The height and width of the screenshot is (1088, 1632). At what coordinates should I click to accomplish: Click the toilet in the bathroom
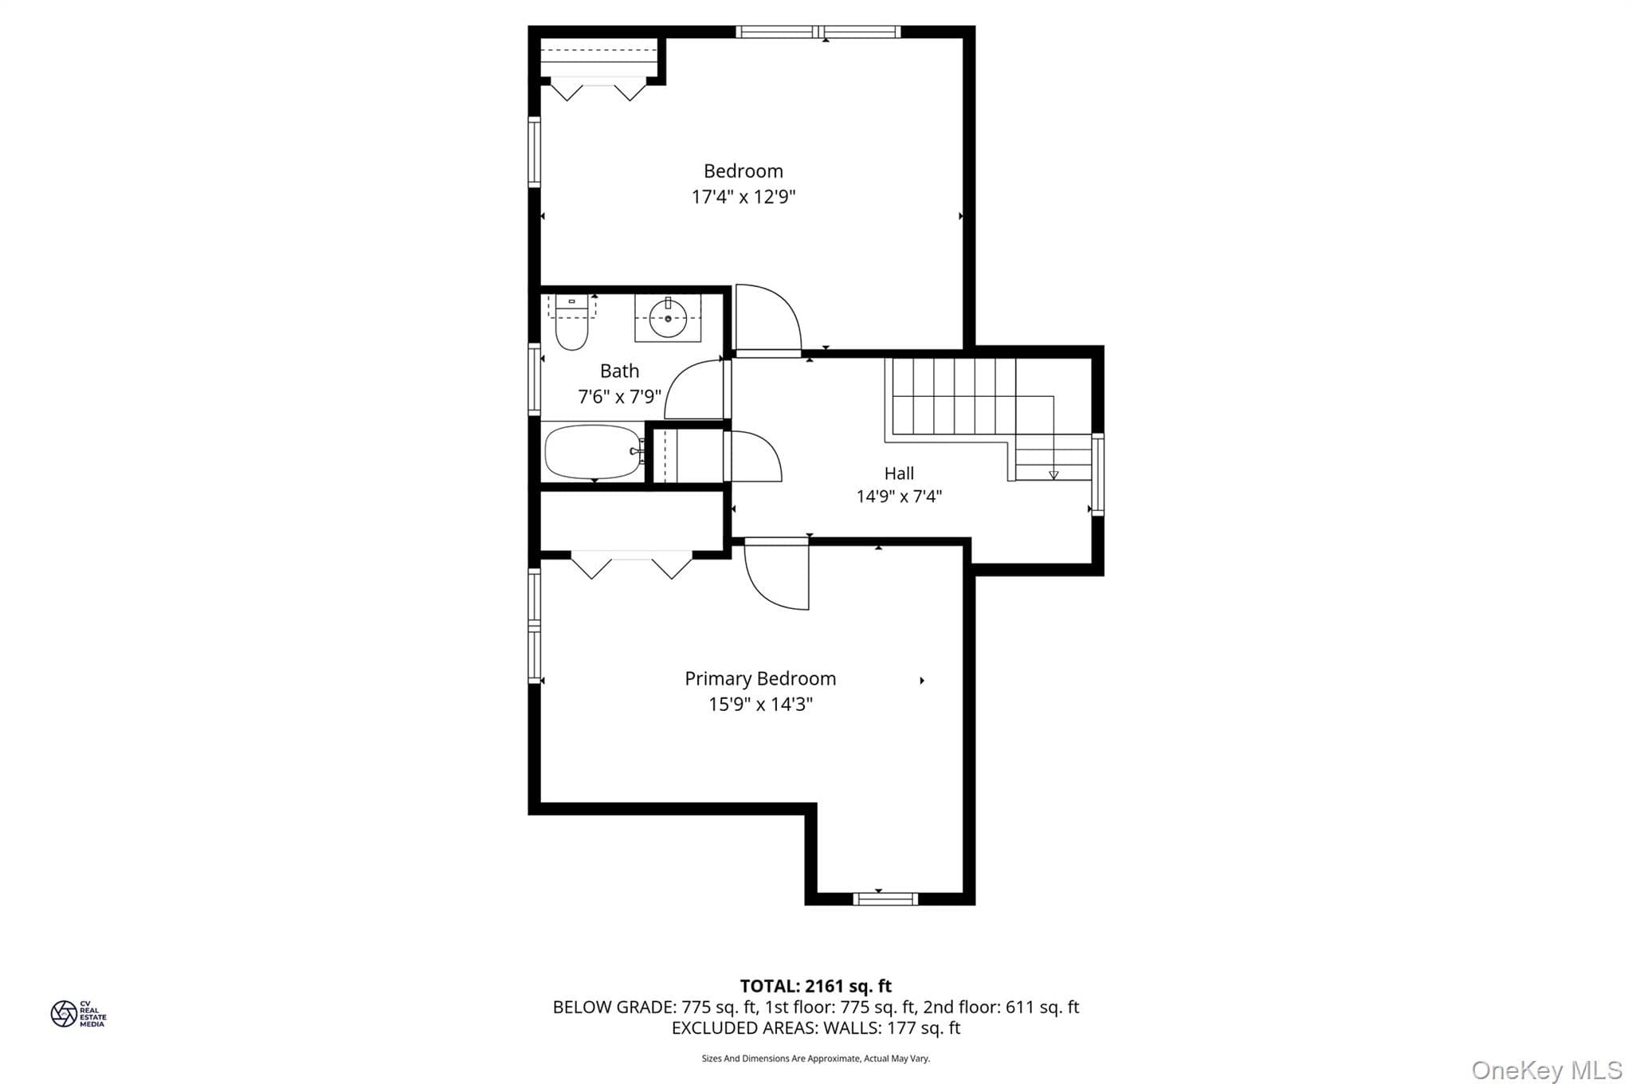pos(571,322)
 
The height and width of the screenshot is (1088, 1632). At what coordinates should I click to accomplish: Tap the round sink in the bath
pos(668,319)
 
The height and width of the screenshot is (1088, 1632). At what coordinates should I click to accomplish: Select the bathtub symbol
pos(594,452)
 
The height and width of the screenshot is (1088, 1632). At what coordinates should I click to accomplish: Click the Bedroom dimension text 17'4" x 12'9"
pos(743,197)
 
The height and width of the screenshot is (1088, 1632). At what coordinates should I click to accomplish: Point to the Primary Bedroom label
pos(760,678)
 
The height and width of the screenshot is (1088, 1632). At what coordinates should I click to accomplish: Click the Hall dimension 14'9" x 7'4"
pos(899,497)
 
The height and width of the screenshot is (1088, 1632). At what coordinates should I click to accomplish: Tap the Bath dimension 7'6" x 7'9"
pos(619,396)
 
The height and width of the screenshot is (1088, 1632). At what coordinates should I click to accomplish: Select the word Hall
pos(899,473)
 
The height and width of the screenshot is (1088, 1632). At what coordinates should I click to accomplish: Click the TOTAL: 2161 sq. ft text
pos(816,986)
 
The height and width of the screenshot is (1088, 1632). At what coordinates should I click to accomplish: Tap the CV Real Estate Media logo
pos(78,1014)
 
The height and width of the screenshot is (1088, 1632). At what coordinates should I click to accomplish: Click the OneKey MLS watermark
pos(1547,1070)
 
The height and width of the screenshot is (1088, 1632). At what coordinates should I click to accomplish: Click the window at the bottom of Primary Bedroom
pos(885,899)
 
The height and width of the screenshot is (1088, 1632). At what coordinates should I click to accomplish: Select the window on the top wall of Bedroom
pos(818,32)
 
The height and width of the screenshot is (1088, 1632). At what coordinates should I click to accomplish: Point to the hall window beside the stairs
pos(1097,474)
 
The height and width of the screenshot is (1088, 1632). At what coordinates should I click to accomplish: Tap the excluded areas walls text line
pos(816,1028)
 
